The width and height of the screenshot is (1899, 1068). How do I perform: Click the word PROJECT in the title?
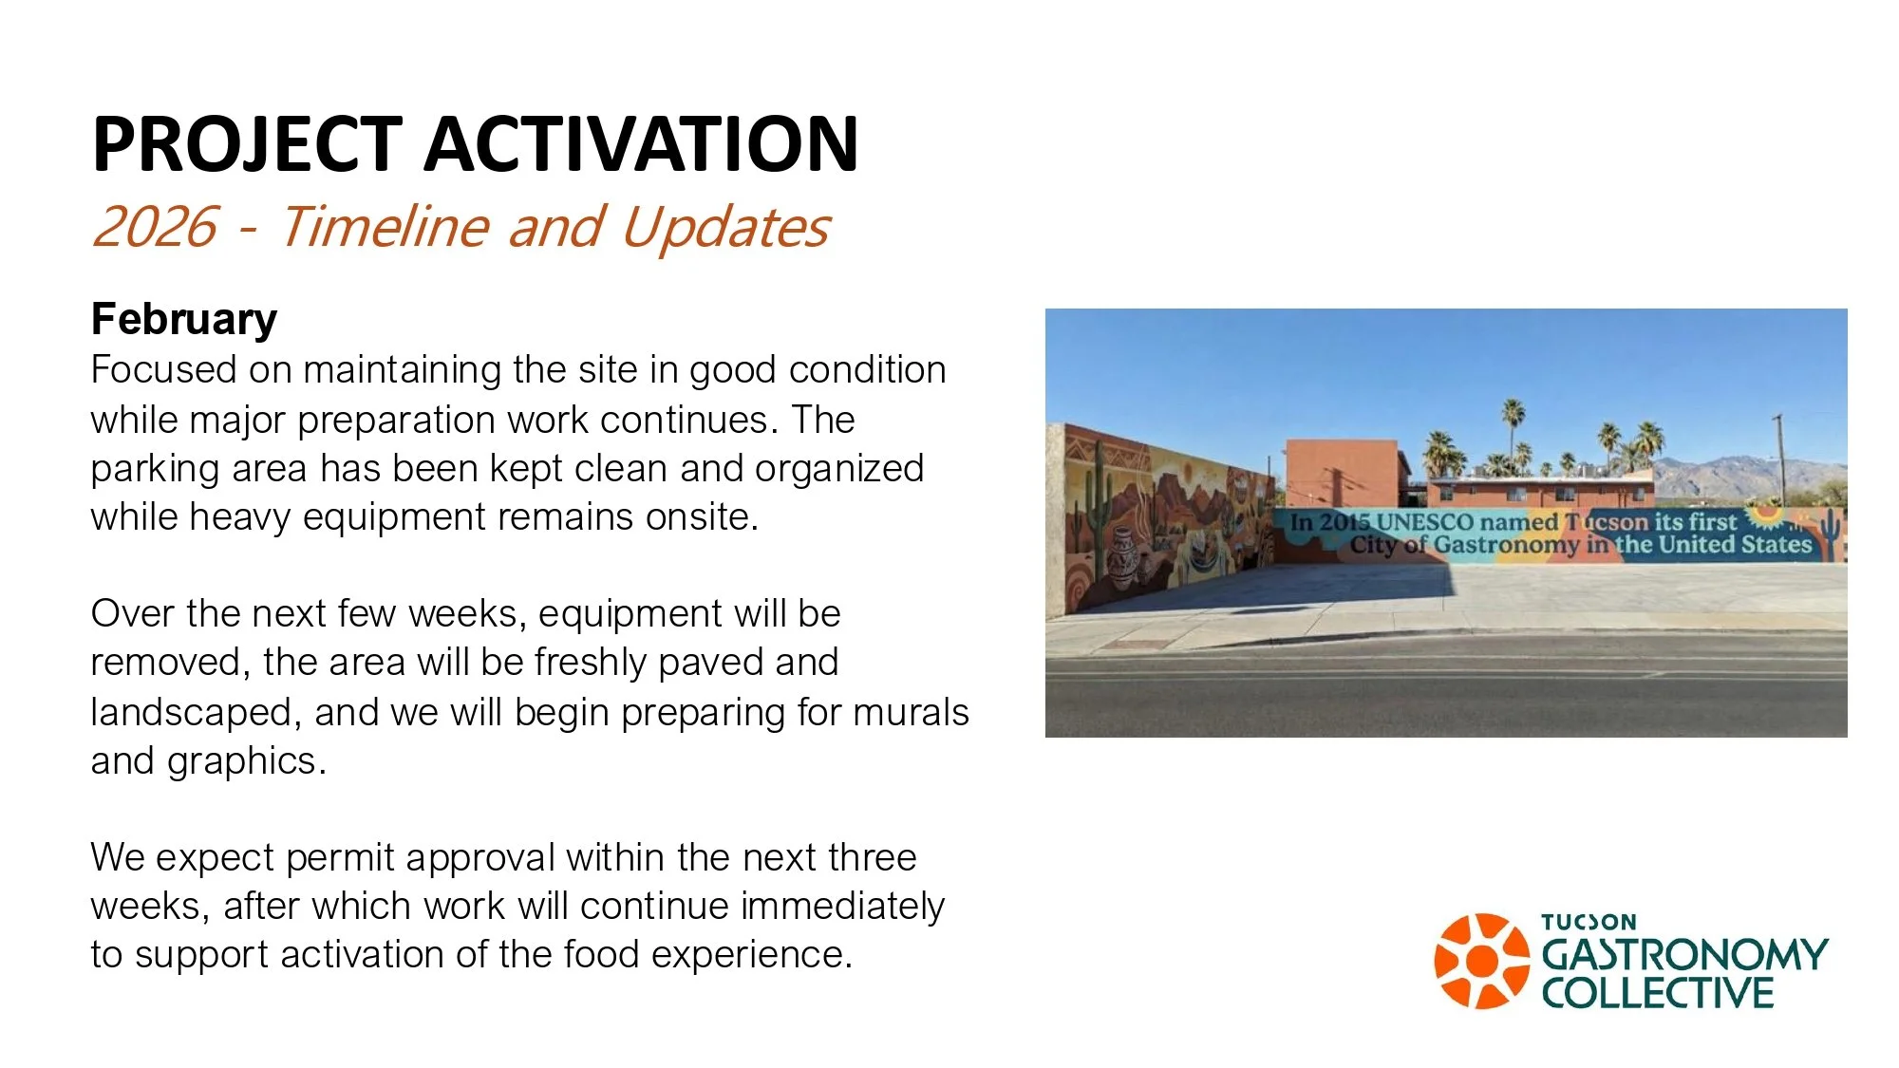247,143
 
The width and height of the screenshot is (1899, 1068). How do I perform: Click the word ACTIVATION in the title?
641,143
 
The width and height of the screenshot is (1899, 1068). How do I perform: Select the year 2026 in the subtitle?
155,227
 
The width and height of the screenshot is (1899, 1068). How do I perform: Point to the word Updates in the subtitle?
725,227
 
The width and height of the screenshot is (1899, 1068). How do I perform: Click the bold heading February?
184,319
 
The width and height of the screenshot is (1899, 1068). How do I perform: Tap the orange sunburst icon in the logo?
1481,961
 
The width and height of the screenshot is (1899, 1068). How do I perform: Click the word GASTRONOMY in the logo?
1684,954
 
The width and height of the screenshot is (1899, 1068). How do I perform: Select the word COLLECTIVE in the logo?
1657,993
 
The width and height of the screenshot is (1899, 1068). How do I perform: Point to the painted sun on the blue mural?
1765,515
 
